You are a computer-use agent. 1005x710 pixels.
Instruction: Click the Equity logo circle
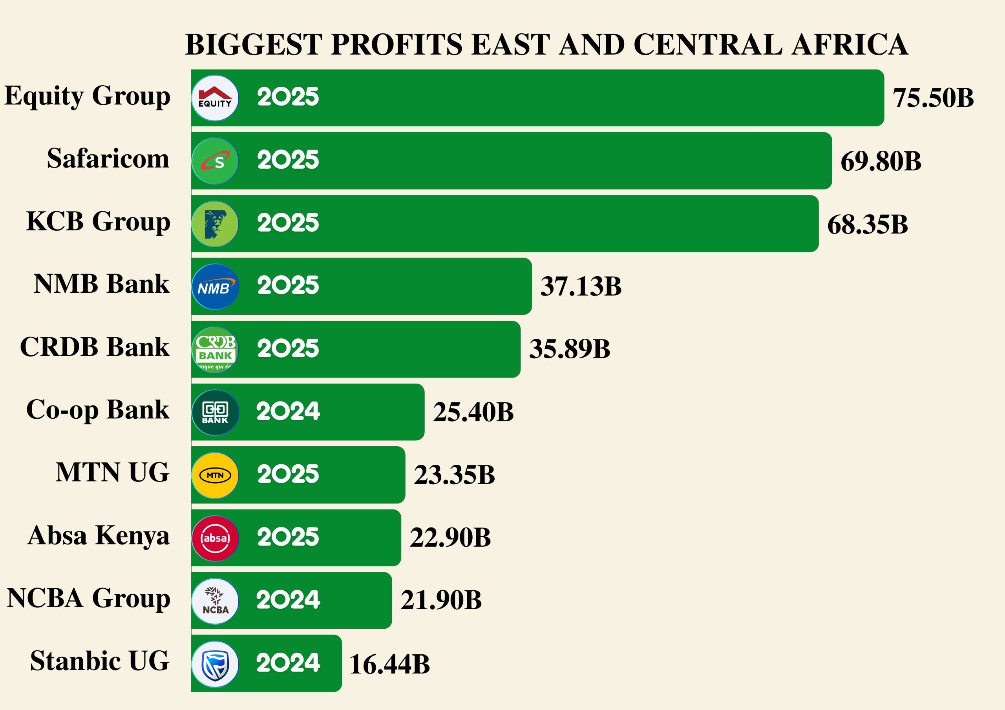(215, 98)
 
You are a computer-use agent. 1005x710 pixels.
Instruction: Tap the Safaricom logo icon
(215, 161)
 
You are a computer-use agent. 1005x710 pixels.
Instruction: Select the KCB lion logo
(215, 224)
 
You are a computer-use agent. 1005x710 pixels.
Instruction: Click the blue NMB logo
(215, 287)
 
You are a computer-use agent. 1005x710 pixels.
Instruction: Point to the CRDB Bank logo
(215, 350)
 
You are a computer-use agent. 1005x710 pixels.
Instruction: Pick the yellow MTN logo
(215, 475)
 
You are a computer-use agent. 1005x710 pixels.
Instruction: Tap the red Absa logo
(215, 538)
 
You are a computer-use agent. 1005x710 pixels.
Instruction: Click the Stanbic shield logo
(215, 664)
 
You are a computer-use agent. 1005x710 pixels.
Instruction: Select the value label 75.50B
(933, 98)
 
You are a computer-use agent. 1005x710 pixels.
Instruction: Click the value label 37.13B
(581, 287)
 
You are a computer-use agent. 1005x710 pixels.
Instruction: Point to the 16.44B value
(389, 664)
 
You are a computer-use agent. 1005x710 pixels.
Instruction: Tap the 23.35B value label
(454, 475)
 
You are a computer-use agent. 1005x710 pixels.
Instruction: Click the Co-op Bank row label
(98, 410)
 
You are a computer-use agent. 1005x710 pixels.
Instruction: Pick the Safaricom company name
(108, 159)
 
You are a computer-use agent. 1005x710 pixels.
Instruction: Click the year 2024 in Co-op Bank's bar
(288, 411)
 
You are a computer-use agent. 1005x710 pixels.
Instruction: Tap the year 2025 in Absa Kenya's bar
(288, 537)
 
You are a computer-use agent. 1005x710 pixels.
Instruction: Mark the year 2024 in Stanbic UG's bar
(288, 663)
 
